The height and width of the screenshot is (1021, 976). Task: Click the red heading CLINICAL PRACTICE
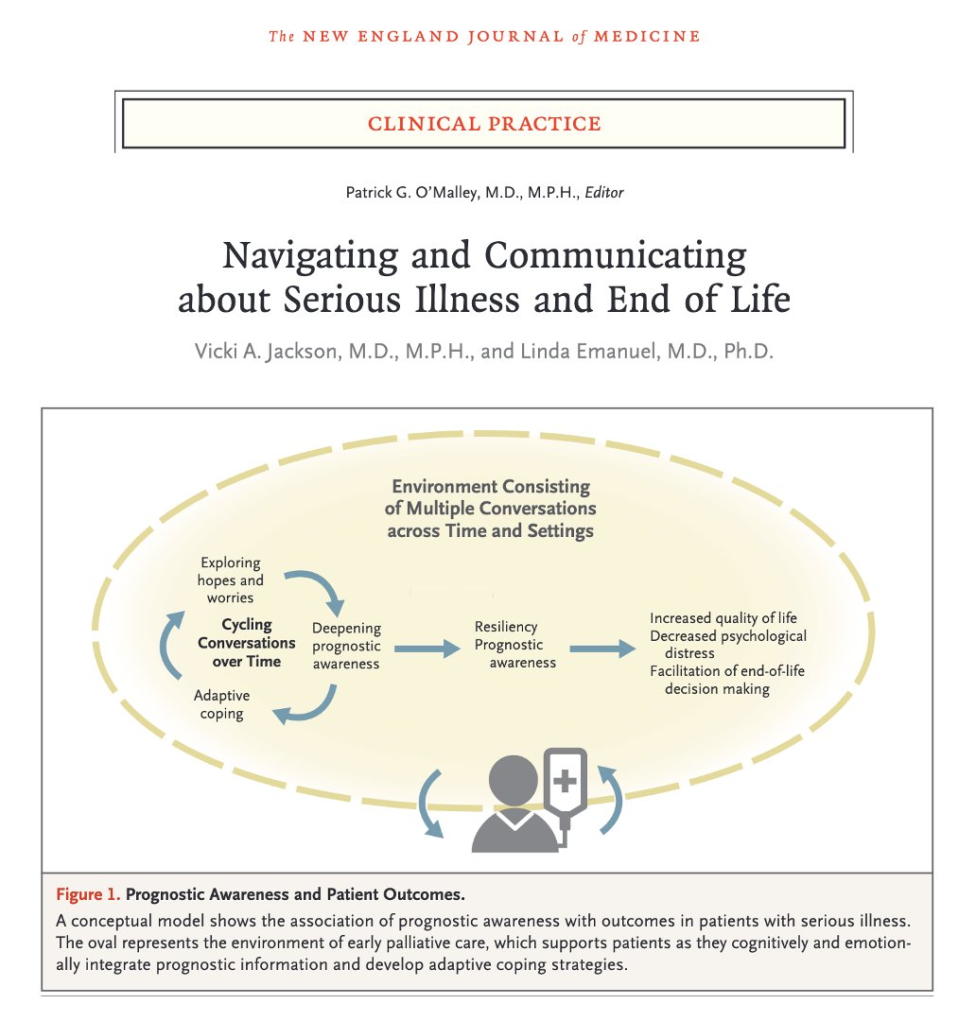pyautogui.click(x=484, y=123)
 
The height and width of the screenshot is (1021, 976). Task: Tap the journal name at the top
pyautogui.click(x=484, y=37)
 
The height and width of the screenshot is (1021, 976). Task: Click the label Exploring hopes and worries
pyautogui.click(x=231, y=580)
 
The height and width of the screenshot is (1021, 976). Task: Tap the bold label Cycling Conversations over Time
pyautogui.click(x=246, y=643)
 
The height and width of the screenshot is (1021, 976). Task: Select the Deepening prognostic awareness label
pyautogui.click(x=346, y=646)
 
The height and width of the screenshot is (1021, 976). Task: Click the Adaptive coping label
pyautogui.click(x=221, y=704)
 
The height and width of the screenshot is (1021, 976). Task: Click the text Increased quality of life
pyautogui.click(x=723, y=618)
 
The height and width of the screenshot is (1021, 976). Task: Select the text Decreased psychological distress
pyautogui.click(x=727, y=644)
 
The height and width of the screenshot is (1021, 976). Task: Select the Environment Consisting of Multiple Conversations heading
pyautogui.click(x=490, y=509)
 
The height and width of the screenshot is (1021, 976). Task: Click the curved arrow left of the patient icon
pyautogui.click(x=430, y=803)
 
